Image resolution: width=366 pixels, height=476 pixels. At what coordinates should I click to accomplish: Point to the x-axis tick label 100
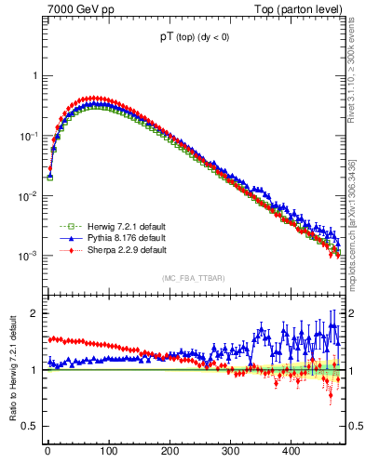108,451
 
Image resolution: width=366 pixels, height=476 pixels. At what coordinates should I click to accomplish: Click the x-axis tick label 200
169,451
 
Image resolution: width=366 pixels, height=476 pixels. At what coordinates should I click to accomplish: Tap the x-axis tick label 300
230,451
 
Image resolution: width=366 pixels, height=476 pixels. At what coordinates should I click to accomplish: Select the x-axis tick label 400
291,451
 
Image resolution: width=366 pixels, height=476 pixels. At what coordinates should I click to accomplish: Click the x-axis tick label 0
47,451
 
